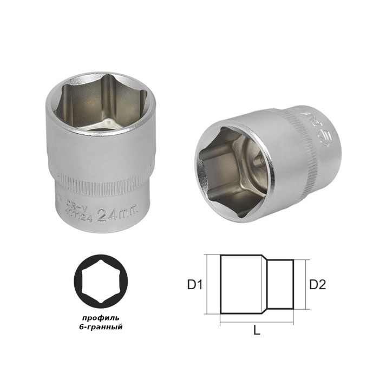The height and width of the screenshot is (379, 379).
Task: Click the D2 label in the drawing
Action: coord(318,284)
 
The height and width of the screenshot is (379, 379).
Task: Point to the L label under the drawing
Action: coord(257,331)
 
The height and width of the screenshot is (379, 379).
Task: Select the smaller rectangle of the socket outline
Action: coord(282,284)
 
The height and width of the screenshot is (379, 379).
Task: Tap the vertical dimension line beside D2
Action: coord(306,284)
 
